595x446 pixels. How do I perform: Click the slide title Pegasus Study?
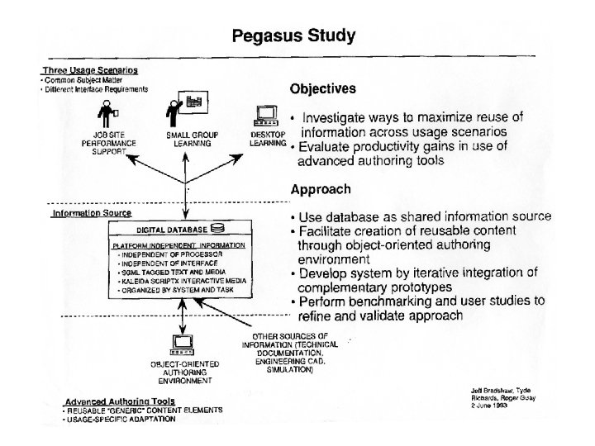click(293, 36)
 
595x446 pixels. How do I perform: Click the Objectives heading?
click(322, 88)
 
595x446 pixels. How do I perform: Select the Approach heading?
click(321, 189)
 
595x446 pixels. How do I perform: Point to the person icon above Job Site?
click(107, 111)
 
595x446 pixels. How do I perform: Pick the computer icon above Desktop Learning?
click(266, 115)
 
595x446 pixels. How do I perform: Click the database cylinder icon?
click(218, 228)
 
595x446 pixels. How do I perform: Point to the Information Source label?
click(91, 212)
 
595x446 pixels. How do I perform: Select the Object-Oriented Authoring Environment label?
click(182, 372)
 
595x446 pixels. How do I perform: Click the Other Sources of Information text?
click(285, 353)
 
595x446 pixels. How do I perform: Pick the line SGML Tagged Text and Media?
click(169, 270)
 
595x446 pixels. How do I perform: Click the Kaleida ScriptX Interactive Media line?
click(178, 279)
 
